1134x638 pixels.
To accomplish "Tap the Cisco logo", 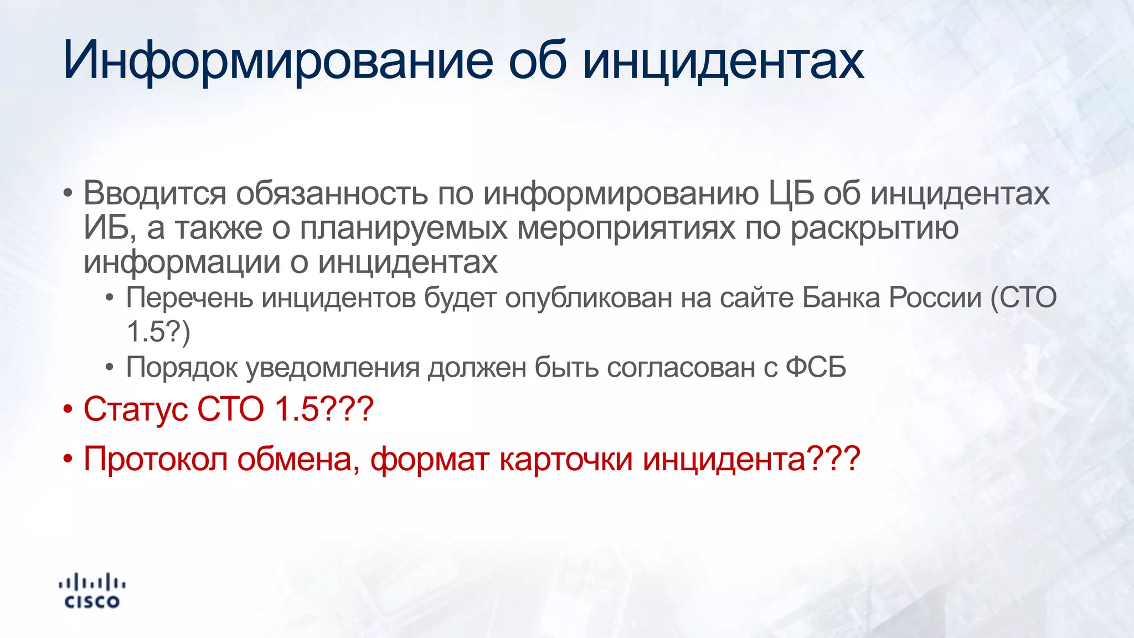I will [92, 591].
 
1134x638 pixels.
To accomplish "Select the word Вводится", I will [154, 193].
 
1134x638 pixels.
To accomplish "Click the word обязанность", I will [332, 193].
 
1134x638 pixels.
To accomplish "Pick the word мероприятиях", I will [626, 228].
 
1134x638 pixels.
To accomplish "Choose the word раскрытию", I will [874, 228].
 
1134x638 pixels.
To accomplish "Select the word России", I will [935, 298].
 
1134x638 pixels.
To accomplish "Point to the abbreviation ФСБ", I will [816, 367].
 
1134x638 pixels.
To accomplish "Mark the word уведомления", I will [332, 367].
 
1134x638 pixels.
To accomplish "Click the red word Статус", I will [136, 409].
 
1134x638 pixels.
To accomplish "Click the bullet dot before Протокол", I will [68, 459].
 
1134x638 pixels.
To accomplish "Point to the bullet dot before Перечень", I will [110, 299].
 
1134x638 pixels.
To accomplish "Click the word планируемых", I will [403, 228].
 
